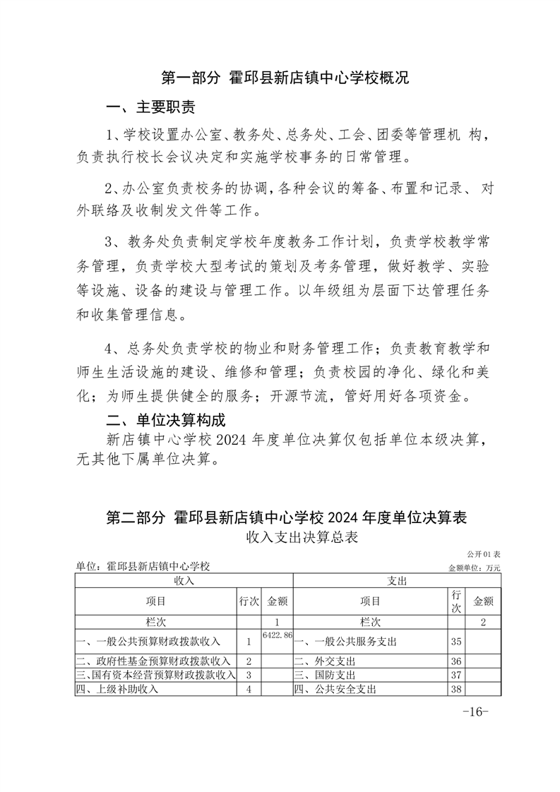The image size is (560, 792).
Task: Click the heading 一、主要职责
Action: point(150,107)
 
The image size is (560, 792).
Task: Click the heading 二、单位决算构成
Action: point(165,420)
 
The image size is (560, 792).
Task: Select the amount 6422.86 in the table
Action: point(277,636)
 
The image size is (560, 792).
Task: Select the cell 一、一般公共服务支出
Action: point(345,642)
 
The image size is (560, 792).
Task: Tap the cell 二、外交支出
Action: point(325,661)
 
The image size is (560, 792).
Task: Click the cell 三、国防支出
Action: point(325,675)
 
